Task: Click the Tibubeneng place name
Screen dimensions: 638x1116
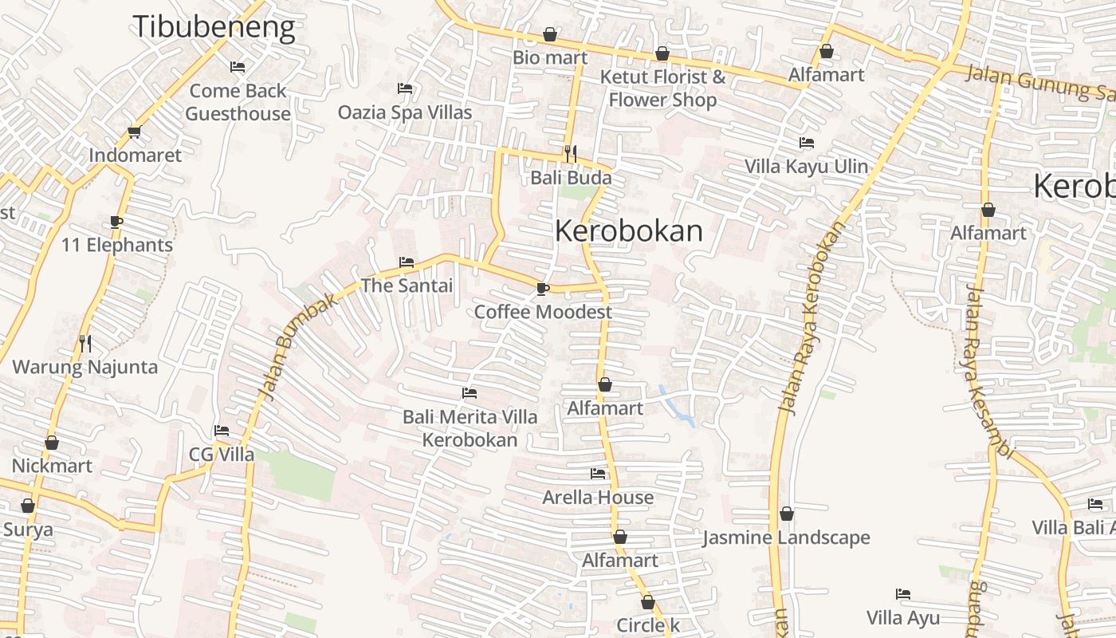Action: (214, 27)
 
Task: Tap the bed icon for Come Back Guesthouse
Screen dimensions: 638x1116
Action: (238, 66)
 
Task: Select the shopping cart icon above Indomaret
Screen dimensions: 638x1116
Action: (134, 132)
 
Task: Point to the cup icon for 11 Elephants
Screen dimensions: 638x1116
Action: (116, 222)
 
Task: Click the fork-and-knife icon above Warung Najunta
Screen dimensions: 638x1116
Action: (85, 344)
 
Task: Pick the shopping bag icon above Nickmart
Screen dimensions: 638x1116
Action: (52, 443)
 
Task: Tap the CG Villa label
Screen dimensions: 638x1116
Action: (222, 455)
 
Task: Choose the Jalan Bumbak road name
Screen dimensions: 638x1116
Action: (294, 350)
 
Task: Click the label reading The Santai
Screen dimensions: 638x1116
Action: (407, 286)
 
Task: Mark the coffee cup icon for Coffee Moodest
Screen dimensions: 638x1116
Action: (543, 289)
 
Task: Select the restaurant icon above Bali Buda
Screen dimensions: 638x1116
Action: (571, 153)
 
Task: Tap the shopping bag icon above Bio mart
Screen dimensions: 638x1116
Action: (550, 34)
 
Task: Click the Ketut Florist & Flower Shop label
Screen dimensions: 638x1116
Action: (662, 89)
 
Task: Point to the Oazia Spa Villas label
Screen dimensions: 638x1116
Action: (405, 112)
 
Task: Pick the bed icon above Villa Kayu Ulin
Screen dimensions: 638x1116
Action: (807, 144)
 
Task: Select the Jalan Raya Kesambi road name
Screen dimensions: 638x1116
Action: (988, 372)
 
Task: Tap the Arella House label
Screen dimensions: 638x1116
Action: (598, 498)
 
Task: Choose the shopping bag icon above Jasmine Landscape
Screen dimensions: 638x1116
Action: (787, 514)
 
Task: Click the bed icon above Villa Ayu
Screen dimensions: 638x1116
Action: (903, 594)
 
